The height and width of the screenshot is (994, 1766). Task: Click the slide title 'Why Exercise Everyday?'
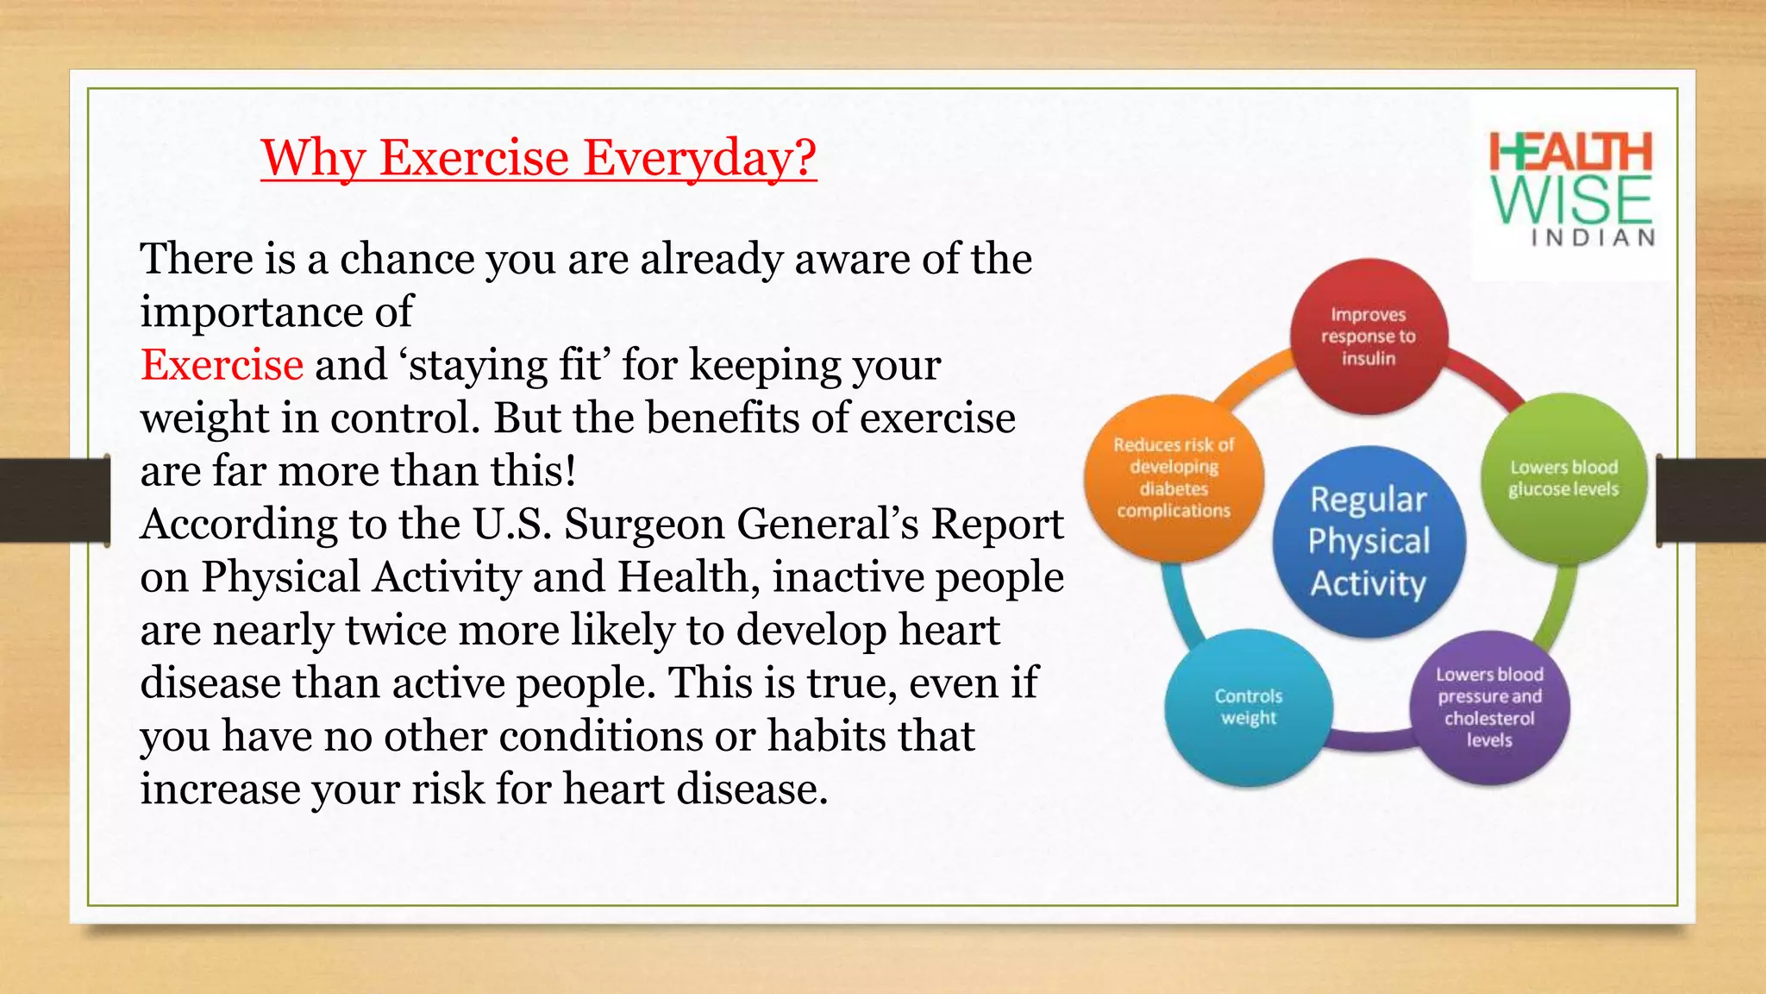click(x=538, y=158)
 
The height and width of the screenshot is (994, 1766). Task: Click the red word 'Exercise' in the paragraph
click(x=222, y=365)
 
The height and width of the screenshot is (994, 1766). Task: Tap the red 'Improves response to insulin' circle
click(x=1368, y=337)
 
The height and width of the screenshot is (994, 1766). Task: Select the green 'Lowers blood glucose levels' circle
click(x=1562, y=478)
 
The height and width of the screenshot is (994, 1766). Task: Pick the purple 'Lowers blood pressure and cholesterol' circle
click(x=1489, y=707)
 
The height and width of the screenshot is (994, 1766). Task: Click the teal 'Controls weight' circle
click(x=1248, y=707)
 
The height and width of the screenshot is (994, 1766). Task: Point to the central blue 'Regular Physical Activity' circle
click(x=1368, y=541)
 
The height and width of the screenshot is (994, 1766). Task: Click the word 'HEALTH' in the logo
click(x=1570, y=153)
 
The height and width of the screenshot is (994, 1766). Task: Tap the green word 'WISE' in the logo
click(x=1570, y=200)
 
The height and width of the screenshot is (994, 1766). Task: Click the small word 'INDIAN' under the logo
click(x=1593, y=238)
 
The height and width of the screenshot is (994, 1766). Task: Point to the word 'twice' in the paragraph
click(x=395, y=631)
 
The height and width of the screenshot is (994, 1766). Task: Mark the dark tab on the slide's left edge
click(x=54, y=500)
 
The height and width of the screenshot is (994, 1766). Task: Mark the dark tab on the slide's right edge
click(x=1711, y=500)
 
